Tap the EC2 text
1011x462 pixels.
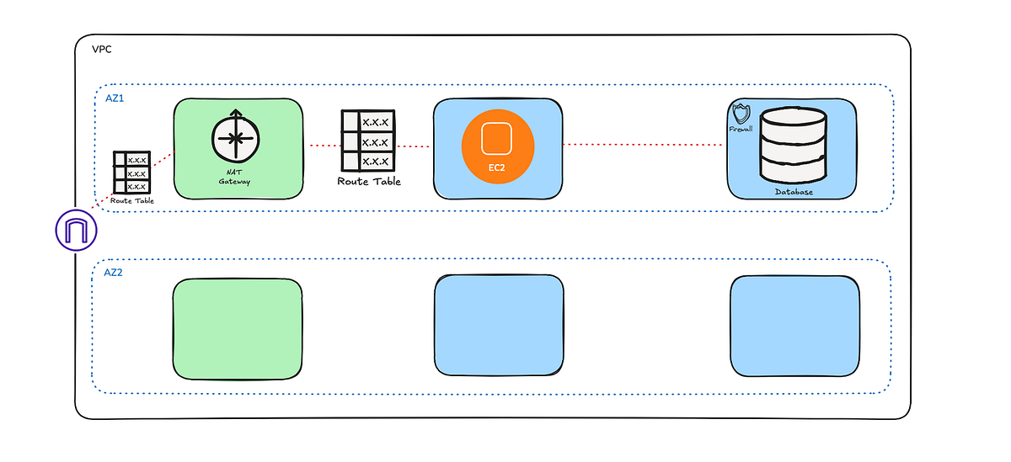click(497, 167)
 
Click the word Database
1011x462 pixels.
click(794, 193)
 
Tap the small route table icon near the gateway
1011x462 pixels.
click(131, 172)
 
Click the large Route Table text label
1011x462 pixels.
click(369, 181)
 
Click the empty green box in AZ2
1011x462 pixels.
click(238, 328)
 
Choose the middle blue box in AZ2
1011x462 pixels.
click(499, 325)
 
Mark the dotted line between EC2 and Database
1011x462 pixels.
click(645, 144)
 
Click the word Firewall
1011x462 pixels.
click(741, 130)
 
